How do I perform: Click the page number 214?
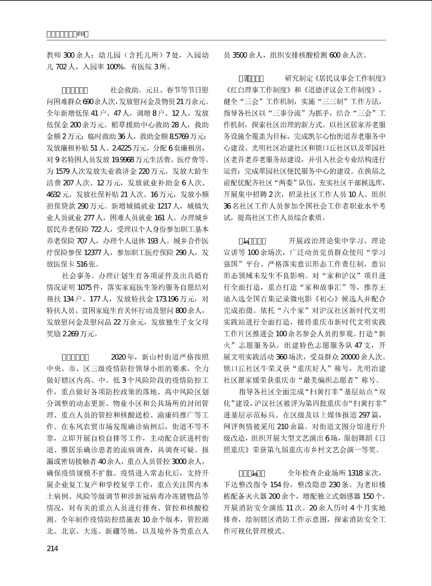pos(52,548)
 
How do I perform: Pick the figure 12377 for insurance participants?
pos(93,253)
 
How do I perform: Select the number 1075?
pos(85,287)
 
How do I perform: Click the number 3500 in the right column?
pos(240,55)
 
